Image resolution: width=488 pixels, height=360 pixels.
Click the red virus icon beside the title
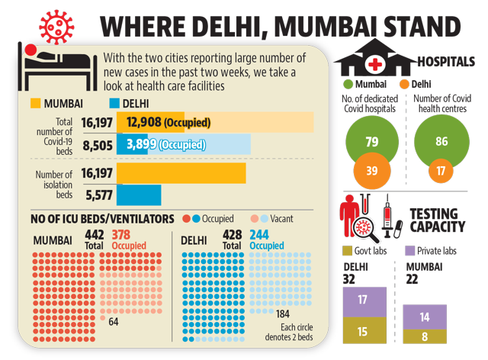56,27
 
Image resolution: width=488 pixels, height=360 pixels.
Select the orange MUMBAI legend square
36,104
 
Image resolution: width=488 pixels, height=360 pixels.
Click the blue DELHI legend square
114,104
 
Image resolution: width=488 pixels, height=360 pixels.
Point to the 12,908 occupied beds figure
144,122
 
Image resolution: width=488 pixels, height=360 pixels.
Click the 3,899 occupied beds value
141,144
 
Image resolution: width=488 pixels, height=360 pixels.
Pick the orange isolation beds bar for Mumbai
181,173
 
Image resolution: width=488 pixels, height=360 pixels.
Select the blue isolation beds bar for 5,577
139,195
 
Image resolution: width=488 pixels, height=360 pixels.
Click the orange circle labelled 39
372,171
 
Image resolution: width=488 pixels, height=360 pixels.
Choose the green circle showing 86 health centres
441,142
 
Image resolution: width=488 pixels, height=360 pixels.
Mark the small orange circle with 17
441,171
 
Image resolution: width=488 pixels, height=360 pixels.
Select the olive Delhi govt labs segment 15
364,330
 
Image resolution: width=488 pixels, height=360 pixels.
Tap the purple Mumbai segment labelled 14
425,317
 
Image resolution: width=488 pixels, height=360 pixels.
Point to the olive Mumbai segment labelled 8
425,336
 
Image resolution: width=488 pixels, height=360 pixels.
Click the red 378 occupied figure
121,234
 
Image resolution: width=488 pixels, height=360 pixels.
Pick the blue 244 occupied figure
259,234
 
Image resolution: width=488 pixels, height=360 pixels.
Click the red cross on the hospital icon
375,65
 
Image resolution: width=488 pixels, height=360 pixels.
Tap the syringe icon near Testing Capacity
387,216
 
